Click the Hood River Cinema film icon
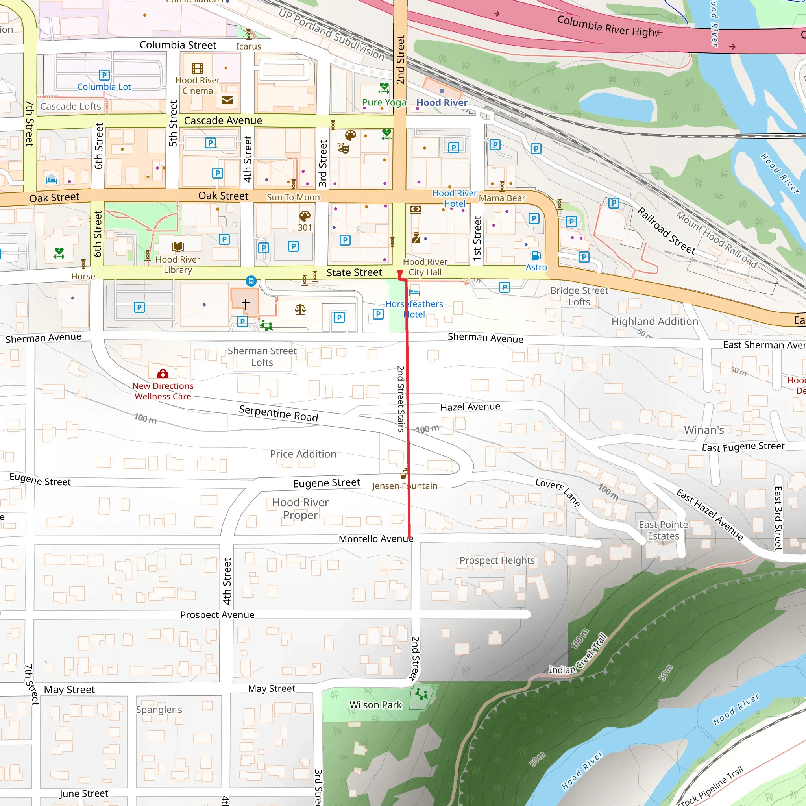pos(197,68)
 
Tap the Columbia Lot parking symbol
pos(104,75)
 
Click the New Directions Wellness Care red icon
pos(163,373)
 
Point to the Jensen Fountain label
pos(405,486)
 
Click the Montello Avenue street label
pos(375,539)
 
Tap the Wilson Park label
pos(375,704)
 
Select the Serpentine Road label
pos(278,414)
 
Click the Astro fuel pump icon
pos(536,255)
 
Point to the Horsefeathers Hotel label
pos(414,309)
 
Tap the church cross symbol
pos(245,304)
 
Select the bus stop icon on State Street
pos(251,281)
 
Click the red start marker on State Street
pos(400,273)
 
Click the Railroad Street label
pos(666,231)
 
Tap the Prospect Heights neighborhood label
pos(497,560)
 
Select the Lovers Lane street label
pos(557,492)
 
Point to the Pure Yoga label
pos(384,102)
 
